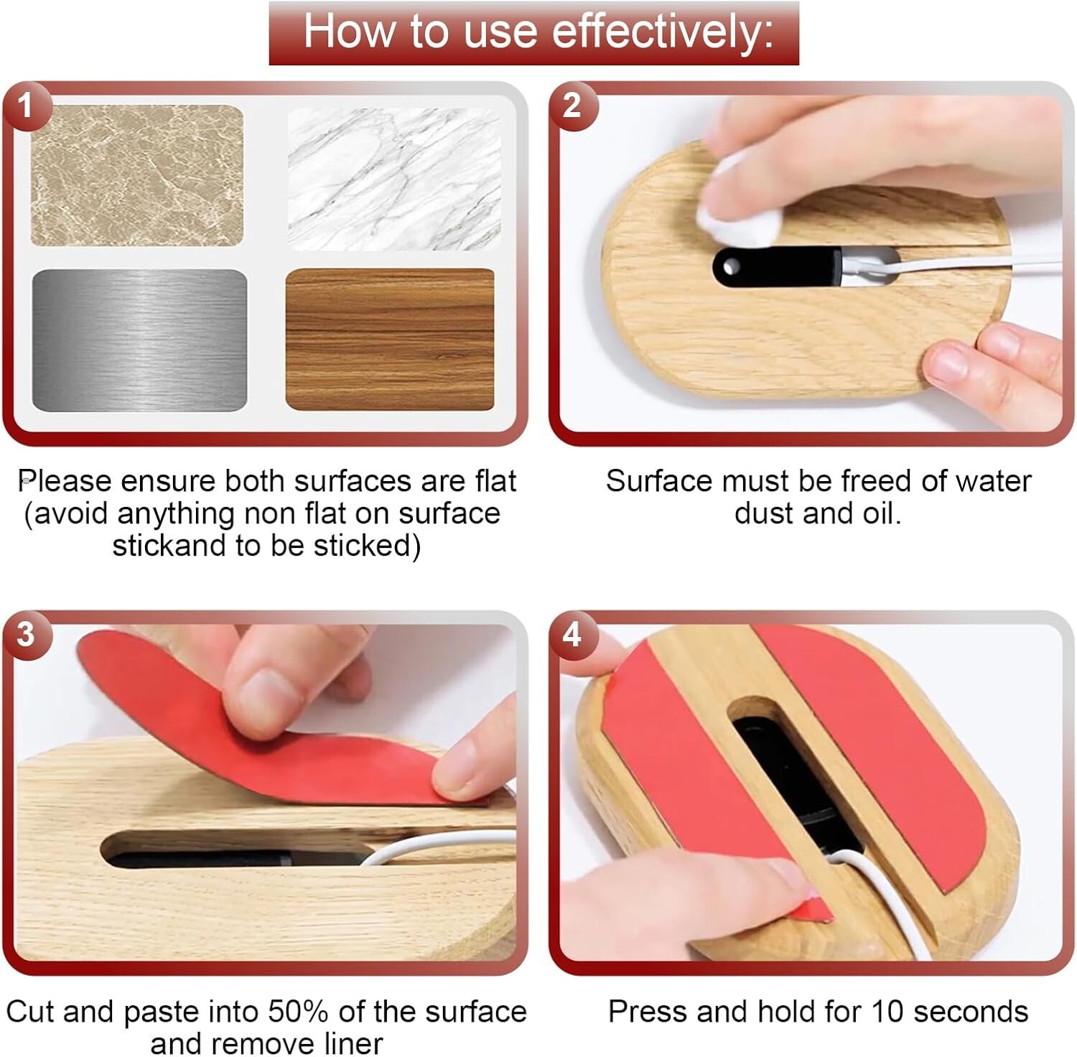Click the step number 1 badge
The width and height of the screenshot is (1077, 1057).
coord(26,107)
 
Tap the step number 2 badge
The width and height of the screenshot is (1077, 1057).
coord(572,107)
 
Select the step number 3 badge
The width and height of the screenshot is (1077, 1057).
coord(26,635)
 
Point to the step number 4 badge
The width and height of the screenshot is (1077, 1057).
coord(572,635)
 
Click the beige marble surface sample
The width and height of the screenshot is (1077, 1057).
coord(136,175)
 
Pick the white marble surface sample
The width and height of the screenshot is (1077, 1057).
coord(394,179)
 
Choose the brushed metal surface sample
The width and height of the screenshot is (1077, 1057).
coord(139,340)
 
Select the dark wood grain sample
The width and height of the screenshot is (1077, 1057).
coord(390,339)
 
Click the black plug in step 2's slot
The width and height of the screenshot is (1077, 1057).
coord(775,266)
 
